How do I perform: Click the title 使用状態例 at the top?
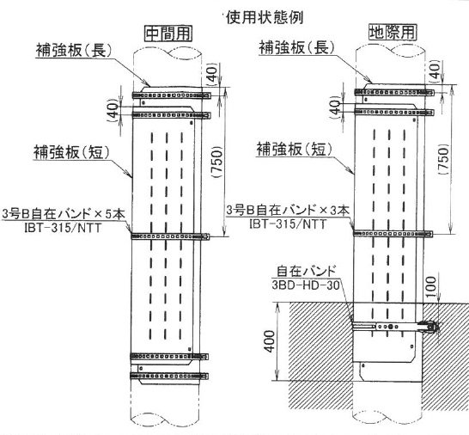[265, 18]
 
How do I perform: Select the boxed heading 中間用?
[168, 34]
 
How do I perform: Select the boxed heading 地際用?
[393, 32]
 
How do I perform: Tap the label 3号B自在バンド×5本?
[64, 214]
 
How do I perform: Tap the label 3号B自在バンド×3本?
[288, 211]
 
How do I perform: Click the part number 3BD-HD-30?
[306, 285]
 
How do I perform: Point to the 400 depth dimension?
[270, 341]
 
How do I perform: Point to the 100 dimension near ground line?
[430, 287]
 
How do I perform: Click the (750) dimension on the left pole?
[217, 162]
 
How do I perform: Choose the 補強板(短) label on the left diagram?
[72, 152]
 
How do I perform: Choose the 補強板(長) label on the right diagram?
[296, 47]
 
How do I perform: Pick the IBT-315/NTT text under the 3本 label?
[288, 224]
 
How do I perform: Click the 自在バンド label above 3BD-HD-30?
[306, 272]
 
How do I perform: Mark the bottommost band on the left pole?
[169, 376]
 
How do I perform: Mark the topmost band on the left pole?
[172, 95]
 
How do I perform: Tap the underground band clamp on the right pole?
[396, 326]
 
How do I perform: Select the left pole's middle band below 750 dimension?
[170, 236]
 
